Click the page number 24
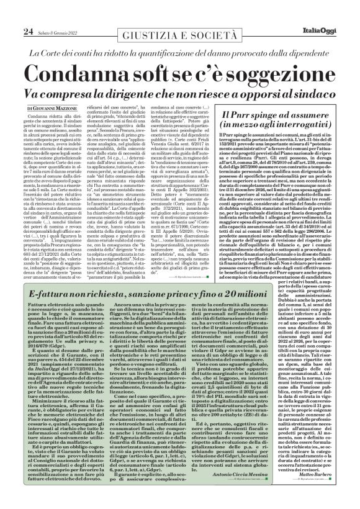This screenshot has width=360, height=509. pos(11,14)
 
